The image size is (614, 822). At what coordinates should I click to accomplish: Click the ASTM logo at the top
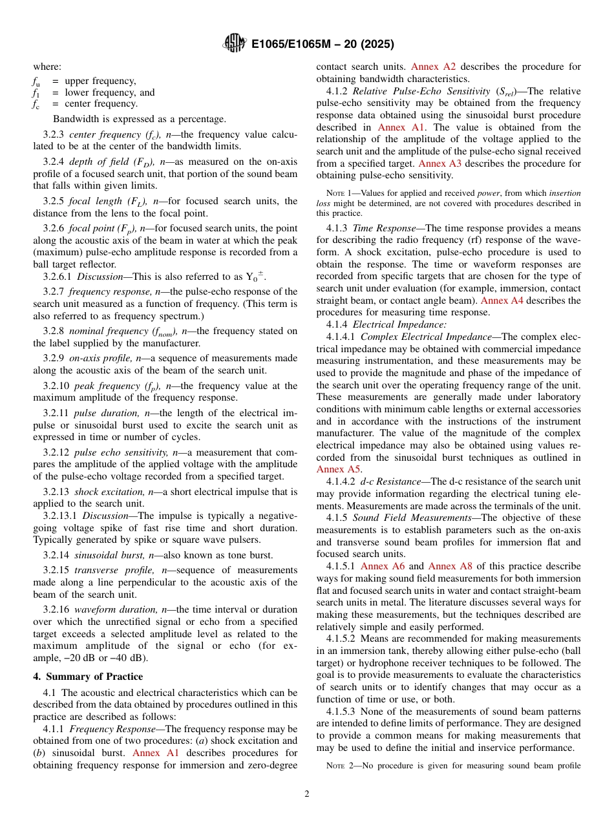point(235,43)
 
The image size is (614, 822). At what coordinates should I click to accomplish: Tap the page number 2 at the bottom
point(307,794)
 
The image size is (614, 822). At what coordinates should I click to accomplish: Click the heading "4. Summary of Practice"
point(88,677)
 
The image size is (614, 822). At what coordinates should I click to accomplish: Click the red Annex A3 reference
point(440,164)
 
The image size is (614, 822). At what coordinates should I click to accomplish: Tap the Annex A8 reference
point(450,566)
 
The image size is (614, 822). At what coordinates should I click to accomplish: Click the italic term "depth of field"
point(94,162)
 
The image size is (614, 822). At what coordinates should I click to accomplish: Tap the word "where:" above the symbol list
point(47,67)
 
